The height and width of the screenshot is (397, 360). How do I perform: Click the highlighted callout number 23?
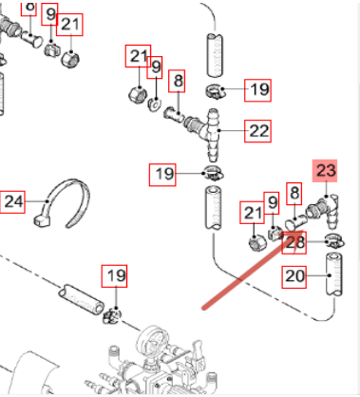tap(325, 171)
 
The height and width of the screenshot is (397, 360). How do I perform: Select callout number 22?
tap(258, 131)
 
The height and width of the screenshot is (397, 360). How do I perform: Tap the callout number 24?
tap(12, 201)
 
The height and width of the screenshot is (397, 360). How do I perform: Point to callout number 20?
tap(294, 277)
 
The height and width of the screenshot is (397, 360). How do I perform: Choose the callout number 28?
tap(294, 243)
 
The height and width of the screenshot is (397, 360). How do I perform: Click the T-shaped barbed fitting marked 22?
tap(206, 134)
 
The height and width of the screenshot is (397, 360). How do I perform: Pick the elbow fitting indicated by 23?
tap(322, 211)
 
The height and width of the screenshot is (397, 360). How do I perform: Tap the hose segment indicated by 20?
tap(334, 274)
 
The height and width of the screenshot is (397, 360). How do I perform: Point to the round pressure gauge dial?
tap(153, 339)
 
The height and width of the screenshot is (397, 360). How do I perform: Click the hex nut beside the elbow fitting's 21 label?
tap(257, 244)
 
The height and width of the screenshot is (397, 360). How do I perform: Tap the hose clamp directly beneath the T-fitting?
tap(214, 173)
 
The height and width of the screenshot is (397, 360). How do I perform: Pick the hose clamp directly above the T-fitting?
tap(216, 91)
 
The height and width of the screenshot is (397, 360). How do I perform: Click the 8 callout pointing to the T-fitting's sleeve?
tap(177, 81)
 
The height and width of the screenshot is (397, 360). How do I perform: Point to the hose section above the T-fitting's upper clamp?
tap(215, 55)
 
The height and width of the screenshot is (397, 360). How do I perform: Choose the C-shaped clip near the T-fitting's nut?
tap(155, 104)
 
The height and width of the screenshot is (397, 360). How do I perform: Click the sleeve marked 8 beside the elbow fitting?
tap(296, 222)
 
